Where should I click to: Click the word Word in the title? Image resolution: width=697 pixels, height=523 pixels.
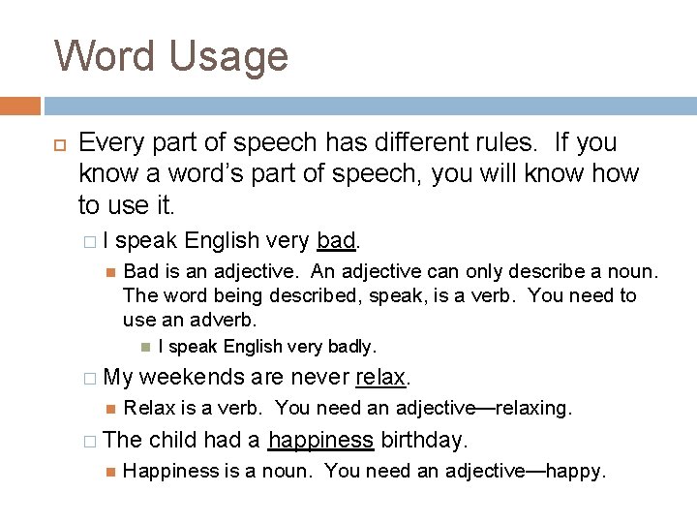coord(105,55)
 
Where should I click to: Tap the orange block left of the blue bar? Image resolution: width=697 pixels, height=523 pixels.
coord(20,106)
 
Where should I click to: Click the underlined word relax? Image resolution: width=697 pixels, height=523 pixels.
coord(379,377)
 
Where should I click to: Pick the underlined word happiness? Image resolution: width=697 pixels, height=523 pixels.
coord(320,440)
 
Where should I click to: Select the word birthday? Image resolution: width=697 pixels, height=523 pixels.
coord(423,440)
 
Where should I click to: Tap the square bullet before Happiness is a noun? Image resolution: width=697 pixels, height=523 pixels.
coord(110,472)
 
